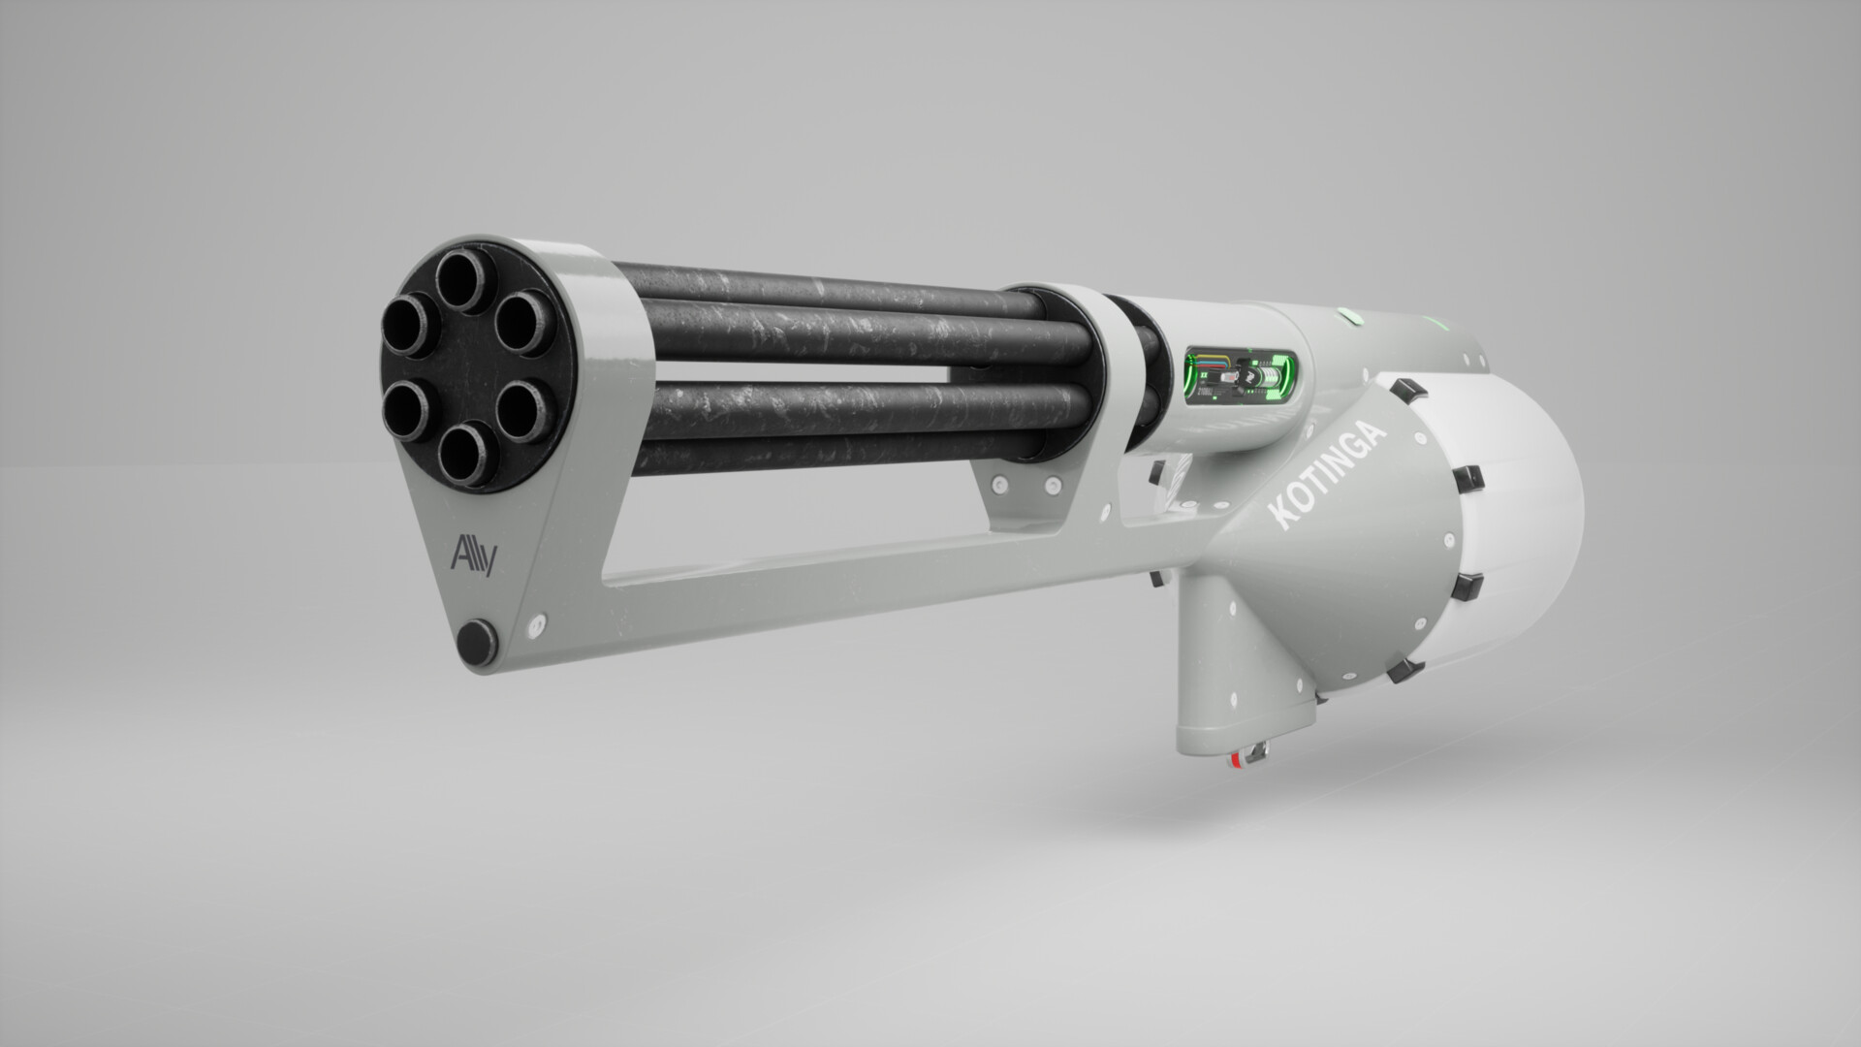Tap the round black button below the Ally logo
click(476, 641)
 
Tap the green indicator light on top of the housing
click(1346, 314)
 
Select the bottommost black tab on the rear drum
click(1396, 671)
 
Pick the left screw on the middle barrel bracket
click(999, 483)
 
